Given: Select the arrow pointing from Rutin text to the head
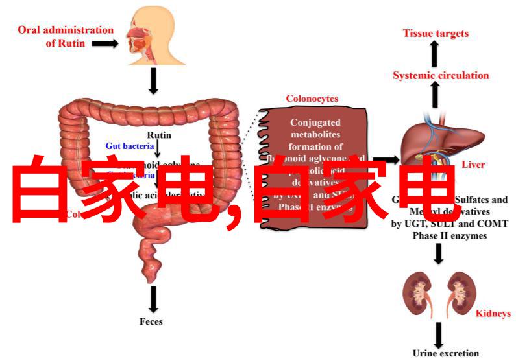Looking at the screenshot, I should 104,43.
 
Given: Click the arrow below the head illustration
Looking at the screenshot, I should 154,80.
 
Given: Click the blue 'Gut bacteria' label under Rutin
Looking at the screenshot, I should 130,146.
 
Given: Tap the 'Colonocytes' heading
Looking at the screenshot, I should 312,99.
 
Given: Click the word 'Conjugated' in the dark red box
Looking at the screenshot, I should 313,122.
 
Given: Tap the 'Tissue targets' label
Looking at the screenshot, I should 435,33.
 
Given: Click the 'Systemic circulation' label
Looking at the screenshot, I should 441,75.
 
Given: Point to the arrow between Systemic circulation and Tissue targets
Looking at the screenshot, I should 436,54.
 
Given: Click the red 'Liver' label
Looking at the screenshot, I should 473,165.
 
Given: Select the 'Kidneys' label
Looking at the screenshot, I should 493,314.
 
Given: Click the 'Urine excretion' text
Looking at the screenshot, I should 445,353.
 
